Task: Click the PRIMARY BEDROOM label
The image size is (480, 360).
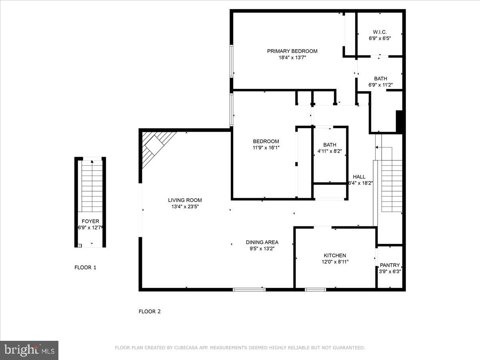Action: pos(292,51)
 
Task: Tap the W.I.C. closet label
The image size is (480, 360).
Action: pos(380,32)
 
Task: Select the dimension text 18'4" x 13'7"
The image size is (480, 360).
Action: pos(292,58)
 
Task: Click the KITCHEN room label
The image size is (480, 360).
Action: pos(335,256)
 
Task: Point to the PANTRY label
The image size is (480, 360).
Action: pos(390,265)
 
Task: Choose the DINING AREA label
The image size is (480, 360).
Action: pos(262,242)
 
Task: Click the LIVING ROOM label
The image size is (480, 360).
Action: pos(185,200)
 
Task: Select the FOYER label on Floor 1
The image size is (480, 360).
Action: pos(90,221)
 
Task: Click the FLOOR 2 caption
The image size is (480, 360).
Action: pos(150,311)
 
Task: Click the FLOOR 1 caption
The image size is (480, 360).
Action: pos(85,268)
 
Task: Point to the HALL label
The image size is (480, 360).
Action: pos(359,177)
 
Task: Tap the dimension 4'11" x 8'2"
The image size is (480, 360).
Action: pos(330,151)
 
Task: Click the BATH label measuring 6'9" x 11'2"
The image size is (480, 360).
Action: pos(380,78)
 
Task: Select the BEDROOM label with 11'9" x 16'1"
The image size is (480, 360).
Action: pos(266,141)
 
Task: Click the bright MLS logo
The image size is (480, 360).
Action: pos(29,350)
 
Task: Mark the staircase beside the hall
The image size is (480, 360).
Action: pos(391,186)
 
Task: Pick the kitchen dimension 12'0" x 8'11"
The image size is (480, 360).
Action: pos(335,262)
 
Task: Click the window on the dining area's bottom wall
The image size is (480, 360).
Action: pos(249,289)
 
